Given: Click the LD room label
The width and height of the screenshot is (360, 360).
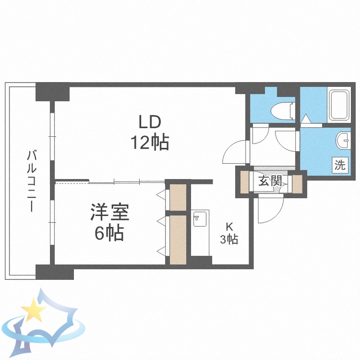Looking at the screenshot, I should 149,122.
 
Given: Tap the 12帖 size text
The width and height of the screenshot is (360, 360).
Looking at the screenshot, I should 149,142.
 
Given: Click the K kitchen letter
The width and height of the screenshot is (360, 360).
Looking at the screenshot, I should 229,227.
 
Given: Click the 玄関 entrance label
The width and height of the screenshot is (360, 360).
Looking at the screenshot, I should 269,181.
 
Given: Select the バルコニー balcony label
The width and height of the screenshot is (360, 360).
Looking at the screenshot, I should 32,181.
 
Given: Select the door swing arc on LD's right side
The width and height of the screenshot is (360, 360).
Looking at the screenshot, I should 235,152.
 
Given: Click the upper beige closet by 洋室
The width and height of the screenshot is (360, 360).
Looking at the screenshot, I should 178,196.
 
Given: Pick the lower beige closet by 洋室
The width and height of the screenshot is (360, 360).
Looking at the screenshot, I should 178,239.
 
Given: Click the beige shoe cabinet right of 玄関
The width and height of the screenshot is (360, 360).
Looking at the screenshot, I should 297,183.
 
